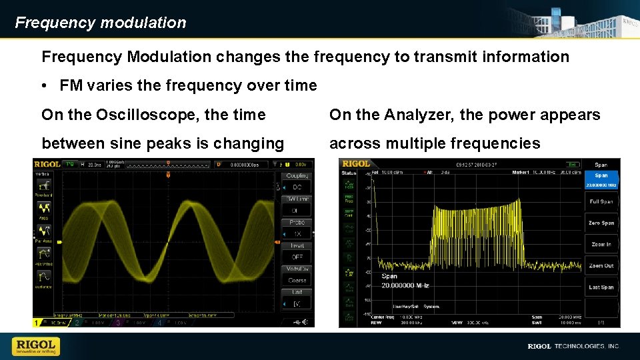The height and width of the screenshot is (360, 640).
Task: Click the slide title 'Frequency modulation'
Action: pos(101,23)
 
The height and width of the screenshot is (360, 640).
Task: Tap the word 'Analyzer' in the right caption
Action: pos(417,115)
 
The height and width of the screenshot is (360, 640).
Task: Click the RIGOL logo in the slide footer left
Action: pos(36,346)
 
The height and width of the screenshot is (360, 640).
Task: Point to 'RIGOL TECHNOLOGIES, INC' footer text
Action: pos(573,346)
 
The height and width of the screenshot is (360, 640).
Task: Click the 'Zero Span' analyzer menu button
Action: pos(601,223)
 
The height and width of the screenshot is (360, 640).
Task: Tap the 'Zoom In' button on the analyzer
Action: pos(601,244)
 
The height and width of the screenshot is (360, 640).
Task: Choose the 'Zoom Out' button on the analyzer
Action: pos(601,265)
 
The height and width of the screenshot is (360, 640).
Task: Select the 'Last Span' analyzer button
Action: pos(601,287)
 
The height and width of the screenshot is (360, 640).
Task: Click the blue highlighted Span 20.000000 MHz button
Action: pos(601,180)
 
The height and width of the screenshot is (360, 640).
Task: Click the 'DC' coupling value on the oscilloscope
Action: pos(297,187)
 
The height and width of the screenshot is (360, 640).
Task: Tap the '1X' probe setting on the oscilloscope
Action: pos(297,234)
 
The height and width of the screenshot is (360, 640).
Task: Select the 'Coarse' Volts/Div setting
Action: pos(297,281)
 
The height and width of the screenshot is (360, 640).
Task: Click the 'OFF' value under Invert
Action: pos(297,257)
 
